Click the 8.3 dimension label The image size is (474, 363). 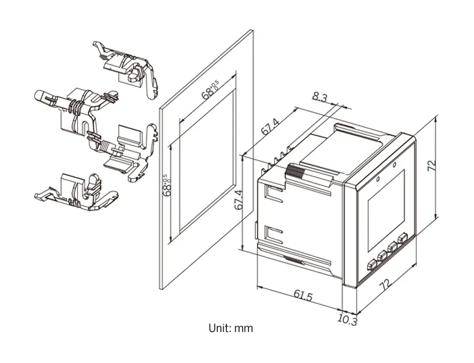pyautogui.click(x=320, y=98)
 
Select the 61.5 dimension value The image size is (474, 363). pyautogui.click(x=303, y=295)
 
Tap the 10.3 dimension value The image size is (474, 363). pyautogui.click(x=347, y=321)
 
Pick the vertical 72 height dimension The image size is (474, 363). pyautogui.click(x=432, y=166)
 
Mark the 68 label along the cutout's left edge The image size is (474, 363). pyautogui.click(x=168, y=187)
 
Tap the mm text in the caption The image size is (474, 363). pyautogui.click(x=245, y=329)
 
